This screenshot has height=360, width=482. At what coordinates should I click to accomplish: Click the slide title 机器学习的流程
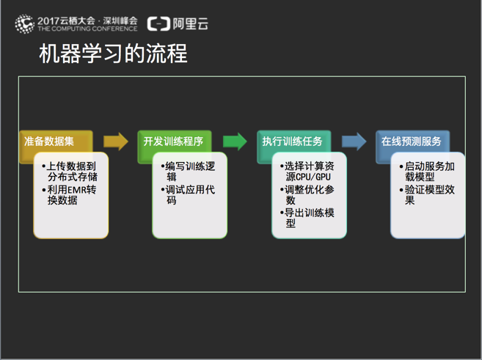(113, 54)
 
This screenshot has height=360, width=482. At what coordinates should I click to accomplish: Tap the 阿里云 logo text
(190, 23)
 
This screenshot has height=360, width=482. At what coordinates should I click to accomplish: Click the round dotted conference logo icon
(24, 23)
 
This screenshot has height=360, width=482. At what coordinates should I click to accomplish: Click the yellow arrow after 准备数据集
(116, 142)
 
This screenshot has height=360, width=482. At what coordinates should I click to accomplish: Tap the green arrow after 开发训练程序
(235, 142)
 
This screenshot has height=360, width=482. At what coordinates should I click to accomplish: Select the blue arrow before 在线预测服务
(354, 142)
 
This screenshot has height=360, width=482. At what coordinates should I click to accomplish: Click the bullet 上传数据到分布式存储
(70, 172)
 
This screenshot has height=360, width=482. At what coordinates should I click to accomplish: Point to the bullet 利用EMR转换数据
(69, 195)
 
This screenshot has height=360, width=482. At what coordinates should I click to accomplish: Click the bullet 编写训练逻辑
(188, 172)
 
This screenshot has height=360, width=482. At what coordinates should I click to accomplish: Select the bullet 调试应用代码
(188, 195)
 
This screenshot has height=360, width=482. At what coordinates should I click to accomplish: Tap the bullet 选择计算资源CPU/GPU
(307, 172)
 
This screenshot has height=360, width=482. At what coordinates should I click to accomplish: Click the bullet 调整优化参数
(307, 195)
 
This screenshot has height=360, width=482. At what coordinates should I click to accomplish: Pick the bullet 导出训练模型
(307, 218)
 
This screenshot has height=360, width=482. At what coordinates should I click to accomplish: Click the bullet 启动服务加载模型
(427, 172)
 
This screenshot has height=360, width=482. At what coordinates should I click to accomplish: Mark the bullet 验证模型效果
(427, 195)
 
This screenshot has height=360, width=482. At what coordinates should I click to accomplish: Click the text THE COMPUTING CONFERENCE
(87, 29)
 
